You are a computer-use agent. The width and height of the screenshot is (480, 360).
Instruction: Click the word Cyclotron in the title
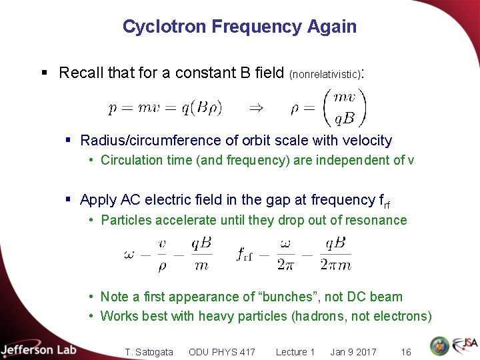[164, 27]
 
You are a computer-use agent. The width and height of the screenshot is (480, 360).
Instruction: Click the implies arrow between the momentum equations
[255, 107]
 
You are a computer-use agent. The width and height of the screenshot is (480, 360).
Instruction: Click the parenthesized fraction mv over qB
[344, 107]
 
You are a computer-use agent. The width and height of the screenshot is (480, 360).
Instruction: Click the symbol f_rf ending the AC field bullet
[385, 201]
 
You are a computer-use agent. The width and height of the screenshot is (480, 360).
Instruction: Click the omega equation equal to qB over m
[167, 254]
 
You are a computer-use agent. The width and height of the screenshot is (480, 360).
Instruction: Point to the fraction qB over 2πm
[335, 254]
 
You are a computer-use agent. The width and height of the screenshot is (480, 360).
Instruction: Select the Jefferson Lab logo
[39, 350]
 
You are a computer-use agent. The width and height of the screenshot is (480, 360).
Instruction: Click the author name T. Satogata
[149, 352]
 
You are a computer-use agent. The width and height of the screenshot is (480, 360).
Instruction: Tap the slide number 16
[405, 352]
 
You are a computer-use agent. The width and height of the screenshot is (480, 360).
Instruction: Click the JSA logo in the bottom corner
[464, 346]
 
